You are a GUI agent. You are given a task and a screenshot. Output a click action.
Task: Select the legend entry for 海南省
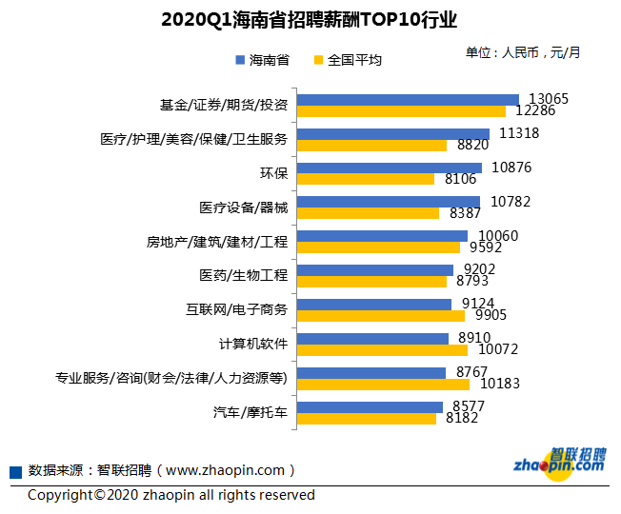pos(262,60)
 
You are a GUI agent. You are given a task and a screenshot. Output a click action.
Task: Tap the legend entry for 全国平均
pos(348,60)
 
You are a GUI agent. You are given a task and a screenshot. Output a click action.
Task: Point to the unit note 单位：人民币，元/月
pos(522,52)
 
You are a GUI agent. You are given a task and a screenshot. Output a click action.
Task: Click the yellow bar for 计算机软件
pos(382,350)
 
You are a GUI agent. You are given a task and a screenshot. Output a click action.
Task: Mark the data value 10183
pos(498,385)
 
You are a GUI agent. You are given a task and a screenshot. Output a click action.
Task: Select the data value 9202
pos(477,269)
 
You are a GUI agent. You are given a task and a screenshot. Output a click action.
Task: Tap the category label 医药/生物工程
pos(243,276)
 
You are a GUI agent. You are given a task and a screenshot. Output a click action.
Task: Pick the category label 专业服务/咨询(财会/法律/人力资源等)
pos(171,379)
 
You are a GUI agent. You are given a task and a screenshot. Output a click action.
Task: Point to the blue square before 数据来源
pos(15,472)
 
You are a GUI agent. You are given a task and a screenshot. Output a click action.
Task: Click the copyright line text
pos(171,495)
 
